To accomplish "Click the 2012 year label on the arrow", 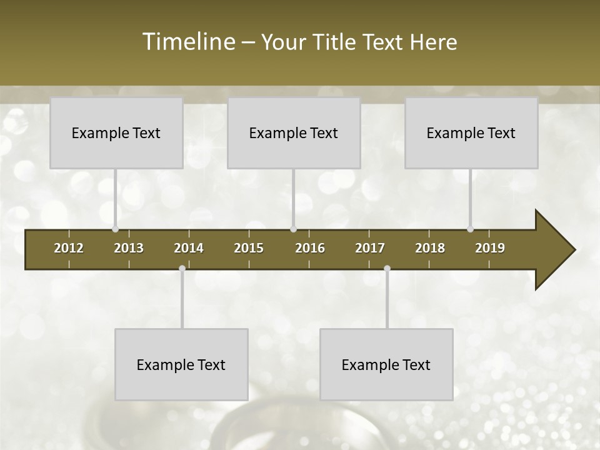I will point(69,248).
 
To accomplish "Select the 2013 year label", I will point(129,248).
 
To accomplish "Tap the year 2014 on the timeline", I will point(189,248).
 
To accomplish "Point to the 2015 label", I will point(249,248).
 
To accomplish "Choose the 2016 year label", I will point(310,248).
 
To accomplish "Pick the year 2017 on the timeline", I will point(370,248).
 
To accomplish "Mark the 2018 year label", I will point(430,248).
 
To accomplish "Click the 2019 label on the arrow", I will point(490,248).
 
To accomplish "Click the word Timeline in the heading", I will point(187,42).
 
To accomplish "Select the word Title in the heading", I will point(334,42).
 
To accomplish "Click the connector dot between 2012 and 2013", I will point(115,229).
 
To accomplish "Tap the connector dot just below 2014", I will point(182,269).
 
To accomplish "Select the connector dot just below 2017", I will point(387,269).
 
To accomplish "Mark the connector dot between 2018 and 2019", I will point(470,229).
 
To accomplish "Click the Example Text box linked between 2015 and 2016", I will point(293,132).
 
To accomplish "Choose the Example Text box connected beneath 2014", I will point(181,364).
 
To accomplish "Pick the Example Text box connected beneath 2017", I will point(386,364).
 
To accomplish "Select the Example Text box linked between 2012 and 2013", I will point(116,132).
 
